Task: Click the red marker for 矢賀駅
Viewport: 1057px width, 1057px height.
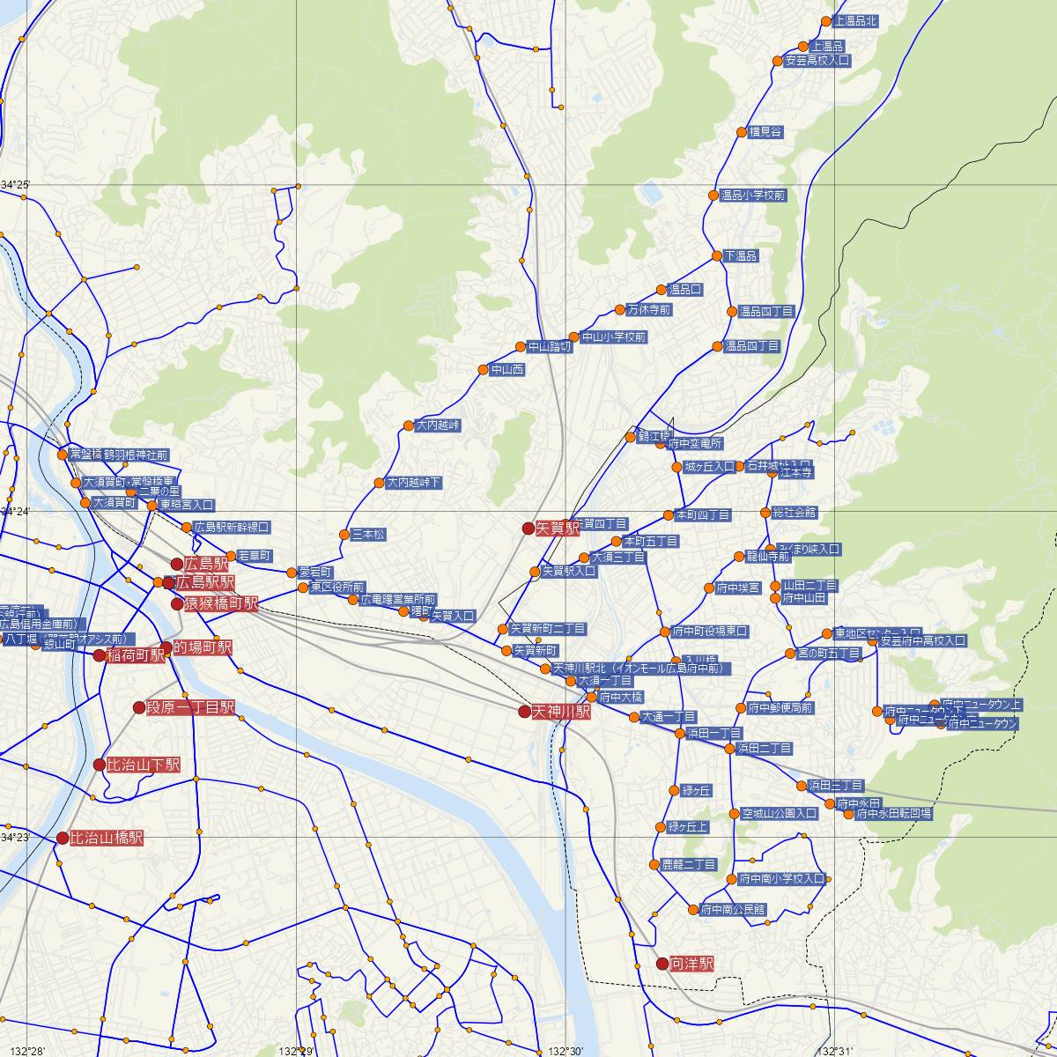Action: point(528,528)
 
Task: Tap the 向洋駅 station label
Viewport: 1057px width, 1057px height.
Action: point(691,964)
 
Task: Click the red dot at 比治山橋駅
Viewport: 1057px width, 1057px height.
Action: point(63,839)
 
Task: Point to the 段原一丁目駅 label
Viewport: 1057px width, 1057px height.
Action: point(190,707)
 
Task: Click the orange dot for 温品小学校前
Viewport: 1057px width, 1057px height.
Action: point(713,196)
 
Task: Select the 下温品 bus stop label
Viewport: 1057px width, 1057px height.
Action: point(741,256)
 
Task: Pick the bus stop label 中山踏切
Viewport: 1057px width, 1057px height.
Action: point(550,347)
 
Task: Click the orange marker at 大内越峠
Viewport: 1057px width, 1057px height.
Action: point(409,426)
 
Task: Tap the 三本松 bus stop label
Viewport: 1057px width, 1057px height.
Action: point(368,535)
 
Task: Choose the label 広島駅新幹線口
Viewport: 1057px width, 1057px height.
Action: point(232,527)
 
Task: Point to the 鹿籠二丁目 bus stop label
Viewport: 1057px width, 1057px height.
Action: point(689,865)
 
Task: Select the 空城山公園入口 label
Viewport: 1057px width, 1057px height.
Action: point(780,814)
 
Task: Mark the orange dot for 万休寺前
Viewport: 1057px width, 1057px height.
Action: point(620,310)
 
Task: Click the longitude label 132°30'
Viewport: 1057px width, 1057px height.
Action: point(565,1051)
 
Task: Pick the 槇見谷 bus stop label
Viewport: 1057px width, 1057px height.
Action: point(765,132)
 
